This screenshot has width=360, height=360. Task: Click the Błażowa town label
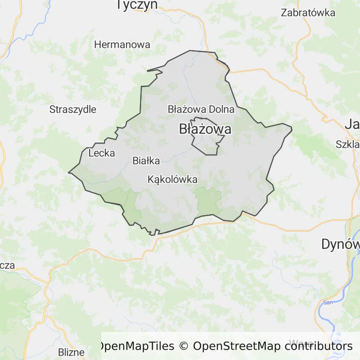205,129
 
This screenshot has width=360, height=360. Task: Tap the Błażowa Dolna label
201,109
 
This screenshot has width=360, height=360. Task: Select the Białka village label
146,161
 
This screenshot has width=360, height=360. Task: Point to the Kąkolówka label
172,180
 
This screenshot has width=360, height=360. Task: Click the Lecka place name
101,153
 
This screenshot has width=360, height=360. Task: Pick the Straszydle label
73,110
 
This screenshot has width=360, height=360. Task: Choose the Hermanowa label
122,45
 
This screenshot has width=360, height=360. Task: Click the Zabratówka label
308,13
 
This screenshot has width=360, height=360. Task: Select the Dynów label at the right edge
340,244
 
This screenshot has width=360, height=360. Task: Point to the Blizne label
71,352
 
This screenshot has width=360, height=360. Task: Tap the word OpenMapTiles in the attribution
136,346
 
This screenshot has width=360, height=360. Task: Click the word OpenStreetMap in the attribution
237,346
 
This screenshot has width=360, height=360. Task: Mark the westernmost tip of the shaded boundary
69,172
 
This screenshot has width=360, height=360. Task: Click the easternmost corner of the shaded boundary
292,128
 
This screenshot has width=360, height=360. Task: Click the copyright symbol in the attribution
184,346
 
